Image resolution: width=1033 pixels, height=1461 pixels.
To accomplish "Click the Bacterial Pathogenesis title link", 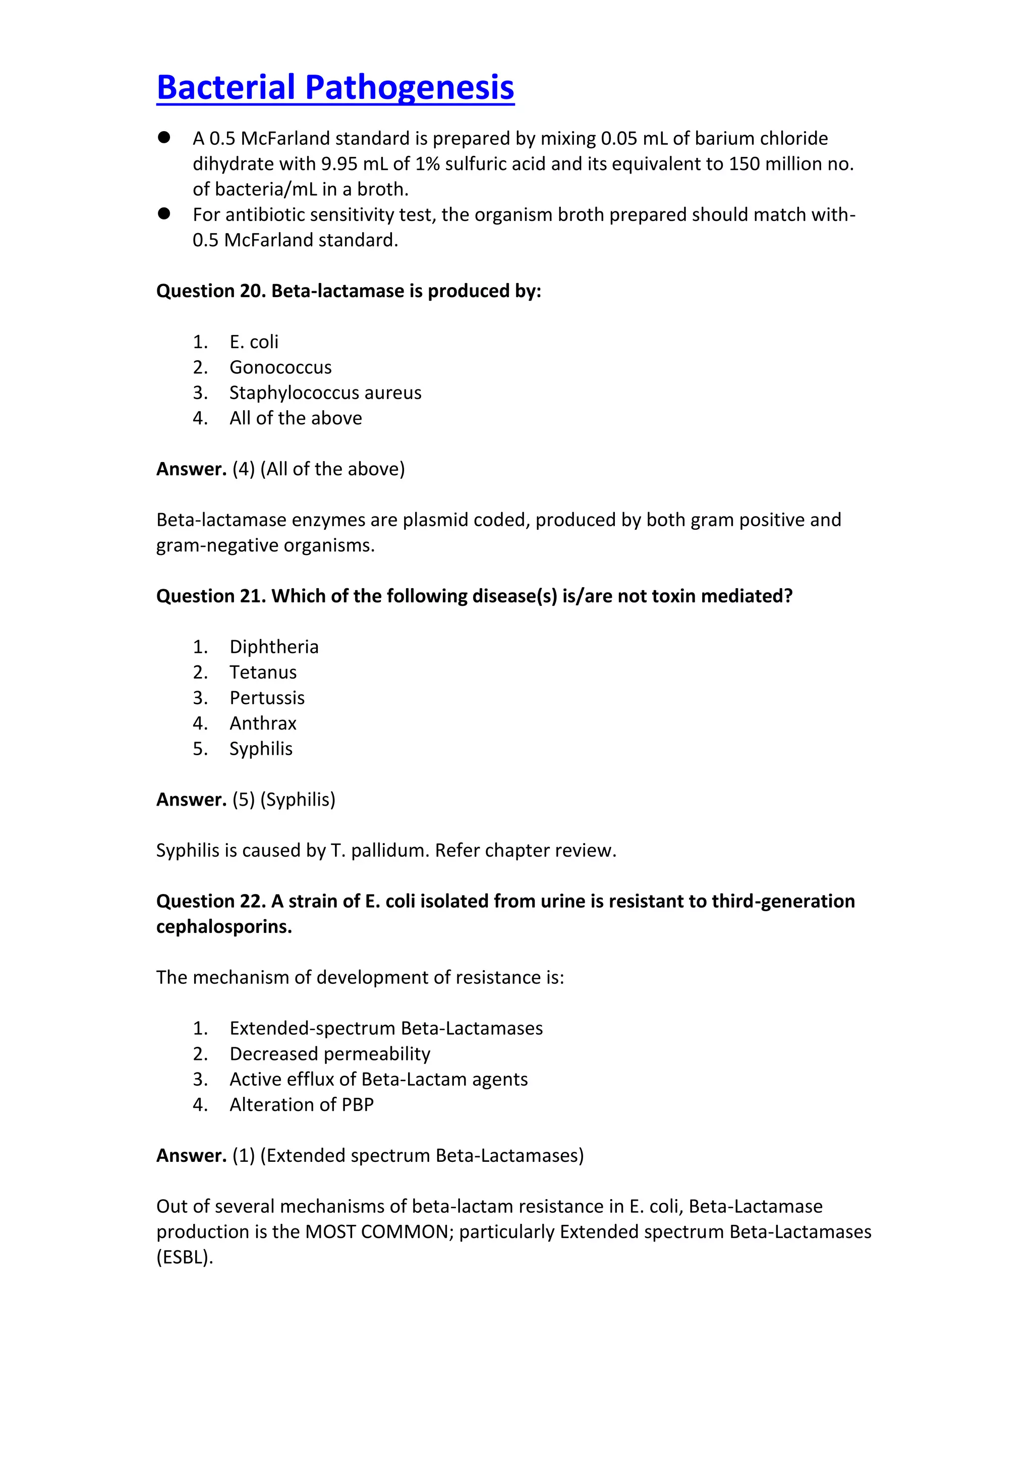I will point(335,87).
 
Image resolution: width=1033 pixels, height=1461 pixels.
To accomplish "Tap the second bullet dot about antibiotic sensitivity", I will point(164,214).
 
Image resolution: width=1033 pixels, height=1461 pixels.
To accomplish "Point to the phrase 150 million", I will point(762,163).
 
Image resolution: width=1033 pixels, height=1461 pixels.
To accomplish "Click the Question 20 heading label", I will point(211,291).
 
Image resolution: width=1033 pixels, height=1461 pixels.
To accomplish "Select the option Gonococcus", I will point(280,367).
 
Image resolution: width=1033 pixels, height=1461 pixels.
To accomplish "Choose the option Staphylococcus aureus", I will point(325,392).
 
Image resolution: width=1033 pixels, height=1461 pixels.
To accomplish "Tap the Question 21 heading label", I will point(211,596).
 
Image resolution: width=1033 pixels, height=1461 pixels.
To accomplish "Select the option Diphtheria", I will point(273,647).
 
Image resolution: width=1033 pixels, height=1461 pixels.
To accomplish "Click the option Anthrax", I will point(263,723).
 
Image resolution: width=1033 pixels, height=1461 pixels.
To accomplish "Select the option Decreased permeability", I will point(329,1054).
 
